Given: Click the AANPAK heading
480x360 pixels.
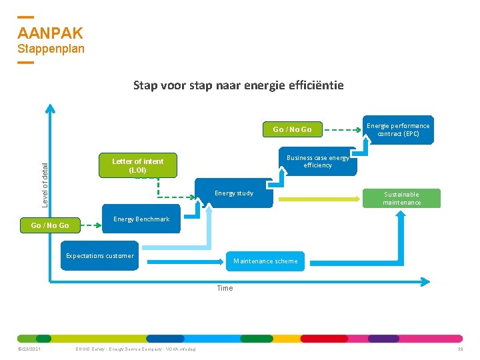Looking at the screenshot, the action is pos(50,33).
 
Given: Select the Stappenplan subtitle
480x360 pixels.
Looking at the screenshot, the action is pos(51,49).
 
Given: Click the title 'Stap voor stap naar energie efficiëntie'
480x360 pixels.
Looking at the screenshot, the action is pos(238,85).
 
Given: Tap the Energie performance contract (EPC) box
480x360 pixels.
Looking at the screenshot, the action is pos(398,129).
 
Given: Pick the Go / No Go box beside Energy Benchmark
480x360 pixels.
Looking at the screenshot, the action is pos(50,225).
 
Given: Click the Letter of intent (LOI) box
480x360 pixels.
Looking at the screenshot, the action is pos(137,165).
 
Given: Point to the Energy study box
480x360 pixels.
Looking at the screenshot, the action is pos(233,193).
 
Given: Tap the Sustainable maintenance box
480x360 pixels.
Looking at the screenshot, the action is pos(401,198).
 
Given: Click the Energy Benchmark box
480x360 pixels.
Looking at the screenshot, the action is pos(141,219).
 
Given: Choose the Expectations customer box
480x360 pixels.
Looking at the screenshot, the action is pos(100,257).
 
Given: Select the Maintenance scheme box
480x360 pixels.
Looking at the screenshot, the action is pos(265,261).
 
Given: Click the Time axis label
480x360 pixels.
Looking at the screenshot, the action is pos(225,288).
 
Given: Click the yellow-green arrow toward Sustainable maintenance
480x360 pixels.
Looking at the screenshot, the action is pos(320,199).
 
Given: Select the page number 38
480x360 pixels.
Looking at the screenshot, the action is pos(460,349).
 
